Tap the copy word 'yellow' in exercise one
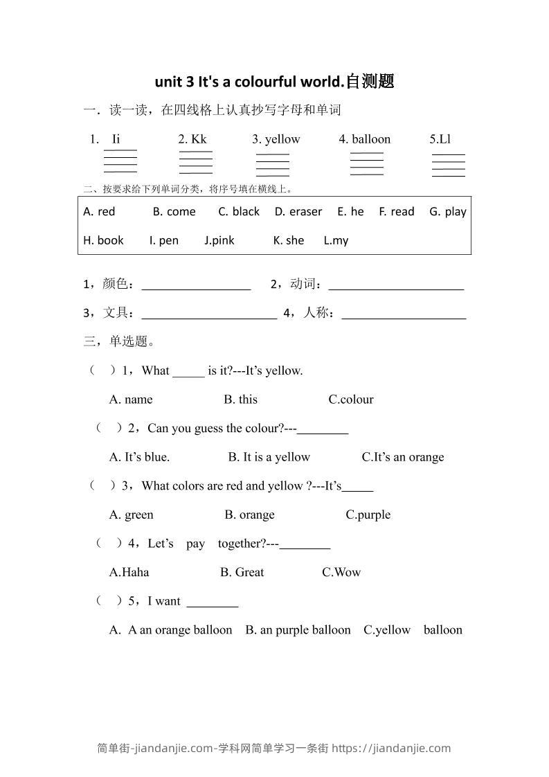282,139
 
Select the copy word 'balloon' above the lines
371,139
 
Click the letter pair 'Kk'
199,139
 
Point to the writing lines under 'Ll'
449,165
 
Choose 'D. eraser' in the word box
298,212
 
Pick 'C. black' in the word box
239,212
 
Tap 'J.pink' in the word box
219,240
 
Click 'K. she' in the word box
289,240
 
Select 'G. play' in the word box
448,212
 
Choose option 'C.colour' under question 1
351,400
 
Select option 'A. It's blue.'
139,457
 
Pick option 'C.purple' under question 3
368,515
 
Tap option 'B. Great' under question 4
242,572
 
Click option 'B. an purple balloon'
298,629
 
